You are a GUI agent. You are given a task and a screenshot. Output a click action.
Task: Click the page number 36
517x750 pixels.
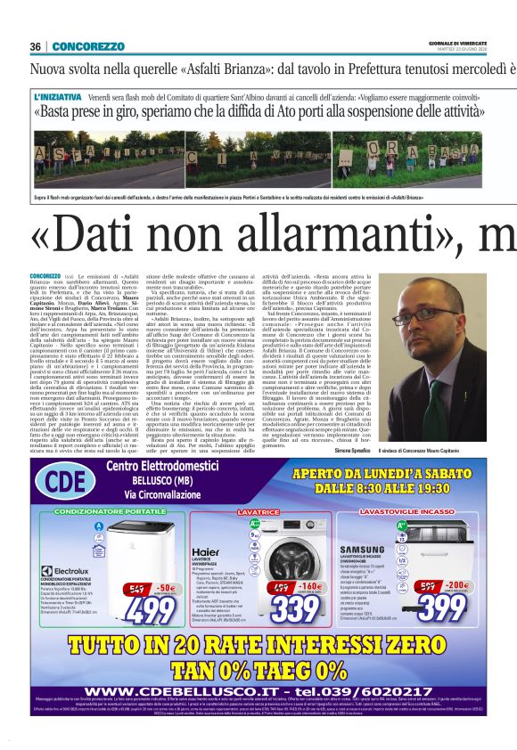(36, 46)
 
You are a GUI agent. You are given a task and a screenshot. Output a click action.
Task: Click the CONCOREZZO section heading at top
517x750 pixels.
(87, 46)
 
